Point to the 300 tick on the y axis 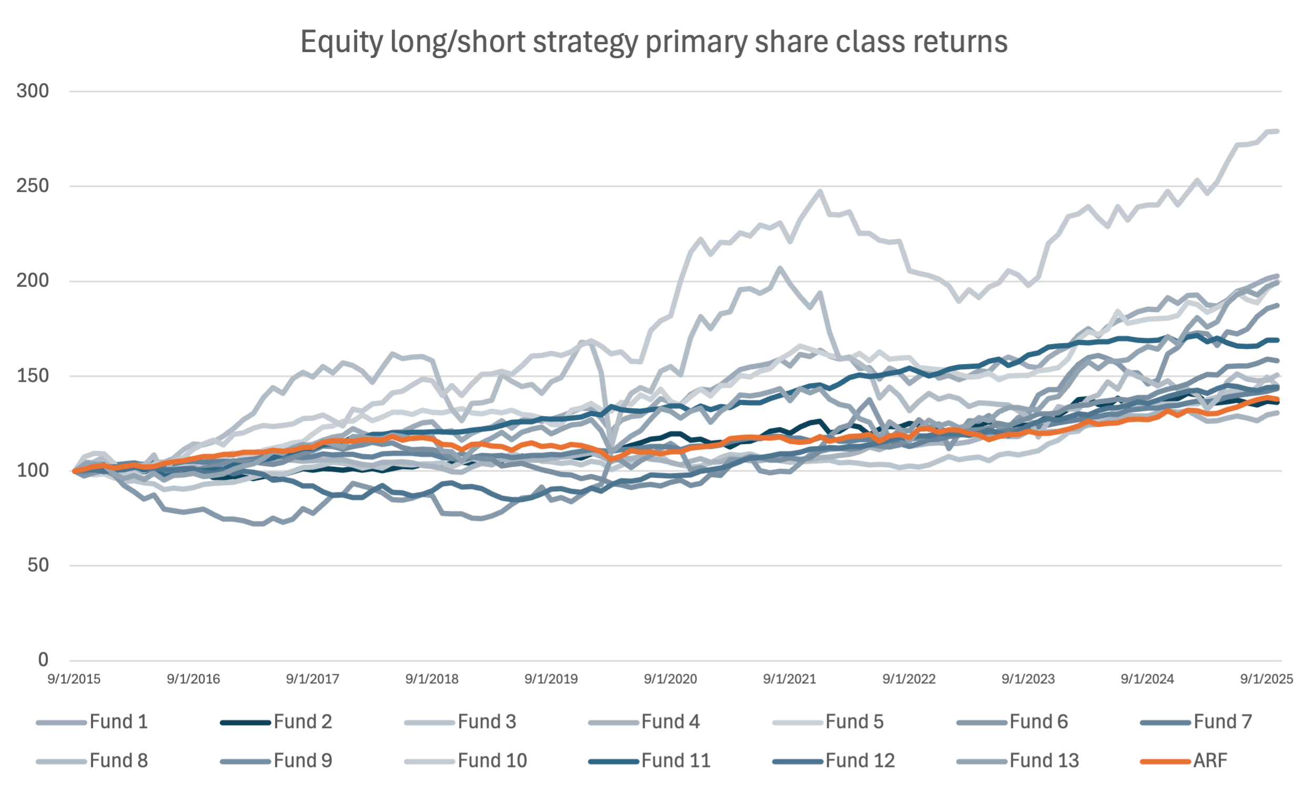tap(33, 91)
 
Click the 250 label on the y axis tap(33, 186)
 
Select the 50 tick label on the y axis tap(39, 565)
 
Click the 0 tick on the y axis tap(43, 660)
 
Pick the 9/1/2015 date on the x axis tap(74, 679)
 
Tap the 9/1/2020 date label tap(670, 679)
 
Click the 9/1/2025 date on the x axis tap(1266, 679)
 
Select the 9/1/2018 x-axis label tap(432, 679)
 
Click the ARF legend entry tap(1210, 760)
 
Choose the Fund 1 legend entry tap(119, 721)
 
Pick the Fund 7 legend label tap(1223, 721)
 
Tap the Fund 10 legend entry tap(492, 760)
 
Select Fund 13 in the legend tap(1044, 760)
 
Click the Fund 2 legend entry tap(303, 721)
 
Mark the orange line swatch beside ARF tap(1165, 761)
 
